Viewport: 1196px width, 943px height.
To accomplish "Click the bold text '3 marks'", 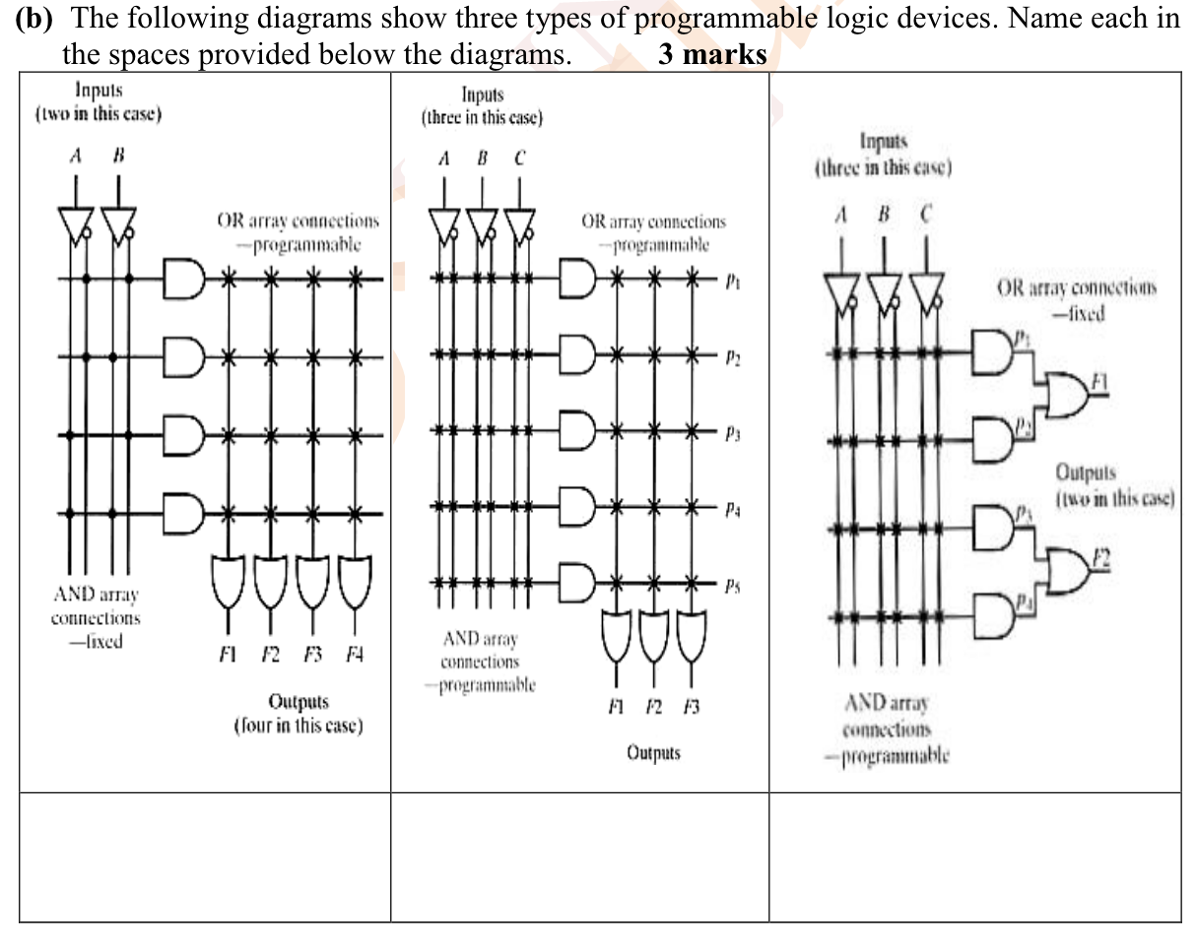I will point(712,55).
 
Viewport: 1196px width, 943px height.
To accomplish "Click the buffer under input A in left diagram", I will point(77,227).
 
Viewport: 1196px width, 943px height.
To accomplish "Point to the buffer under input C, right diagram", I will point(927,289).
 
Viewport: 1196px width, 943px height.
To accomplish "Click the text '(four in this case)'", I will point(298,726).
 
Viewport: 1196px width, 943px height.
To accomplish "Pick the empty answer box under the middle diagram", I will point(579,855).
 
